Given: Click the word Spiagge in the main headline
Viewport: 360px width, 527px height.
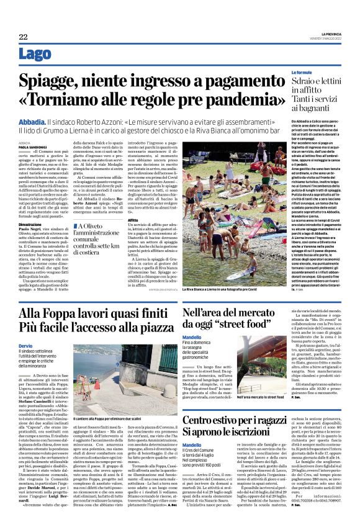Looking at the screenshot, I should (52, 80).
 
